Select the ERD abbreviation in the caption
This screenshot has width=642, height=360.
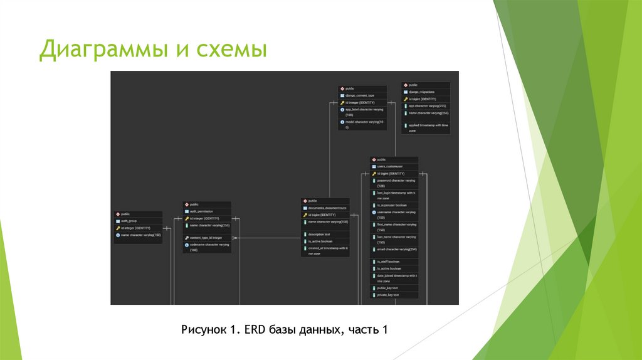[253, 329]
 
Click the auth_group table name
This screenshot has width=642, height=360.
[129, 221]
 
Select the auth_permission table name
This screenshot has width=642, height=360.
[201, 211]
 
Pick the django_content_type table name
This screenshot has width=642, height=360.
[360, 95]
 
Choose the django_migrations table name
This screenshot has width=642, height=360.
[421, 92]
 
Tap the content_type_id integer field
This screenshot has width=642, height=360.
[205, 238]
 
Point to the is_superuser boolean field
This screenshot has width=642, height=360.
[392, 206]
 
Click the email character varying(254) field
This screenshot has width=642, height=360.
[397, 250]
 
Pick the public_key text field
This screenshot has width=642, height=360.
[388, 288]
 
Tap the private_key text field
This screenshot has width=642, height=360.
[389, 295]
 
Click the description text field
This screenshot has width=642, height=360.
[319, 234]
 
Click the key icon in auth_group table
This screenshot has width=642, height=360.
[117, 228]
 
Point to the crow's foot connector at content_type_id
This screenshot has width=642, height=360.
[236, 238]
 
